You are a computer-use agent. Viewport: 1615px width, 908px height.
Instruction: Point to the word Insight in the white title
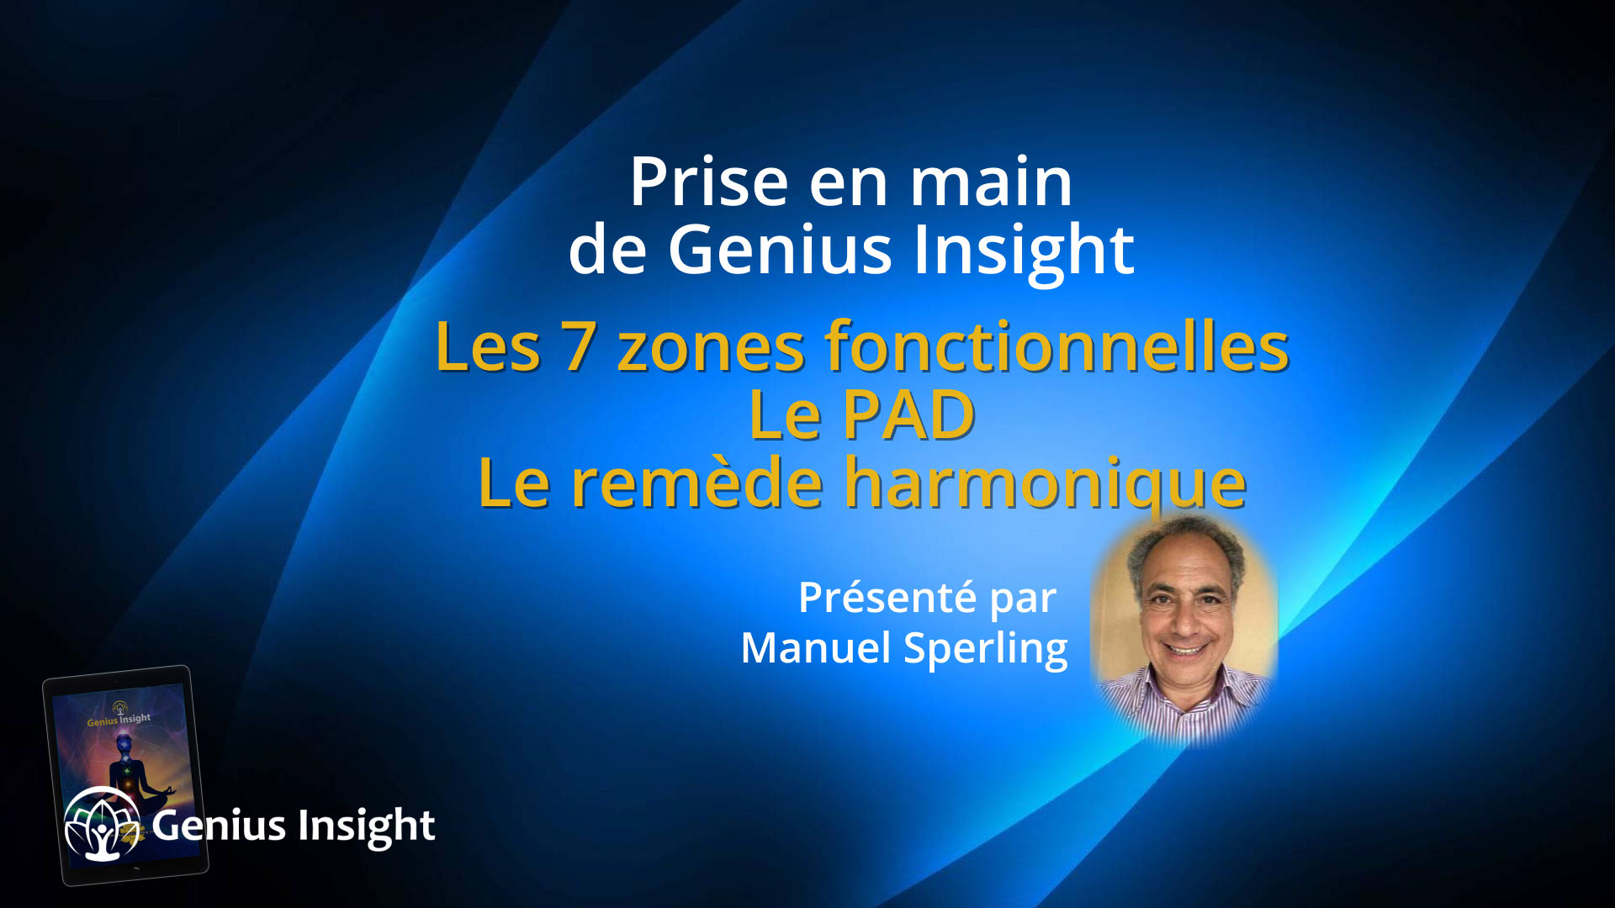coord(1024,250)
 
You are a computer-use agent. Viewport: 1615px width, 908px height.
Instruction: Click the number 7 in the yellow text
coord(580,346)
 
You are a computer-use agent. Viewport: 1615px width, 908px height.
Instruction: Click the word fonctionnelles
coord(1056,346)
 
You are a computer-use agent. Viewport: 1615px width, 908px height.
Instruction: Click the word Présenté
coord(887,598)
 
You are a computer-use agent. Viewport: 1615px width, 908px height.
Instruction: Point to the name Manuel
coord(815,648)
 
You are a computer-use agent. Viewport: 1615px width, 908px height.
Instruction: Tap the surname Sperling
coord(985,650)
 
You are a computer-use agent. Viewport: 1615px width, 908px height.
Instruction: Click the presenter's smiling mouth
coord(1187,648)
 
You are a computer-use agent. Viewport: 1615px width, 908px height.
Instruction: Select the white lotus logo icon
coord(102,825)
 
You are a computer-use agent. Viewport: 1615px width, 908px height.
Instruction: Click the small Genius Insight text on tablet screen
coord(119,720)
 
